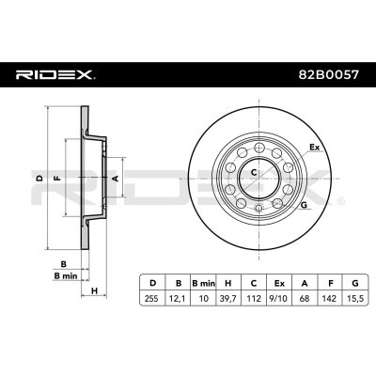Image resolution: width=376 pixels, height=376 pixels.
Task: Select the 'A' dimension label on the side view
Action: (x=115, y=176)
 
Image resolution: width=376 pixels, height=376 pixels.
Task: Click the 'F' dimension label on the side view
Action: (x=58, y=176)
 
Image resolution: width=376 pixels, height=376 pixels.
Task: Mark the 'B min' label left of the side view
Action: (x=65, y=276)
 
